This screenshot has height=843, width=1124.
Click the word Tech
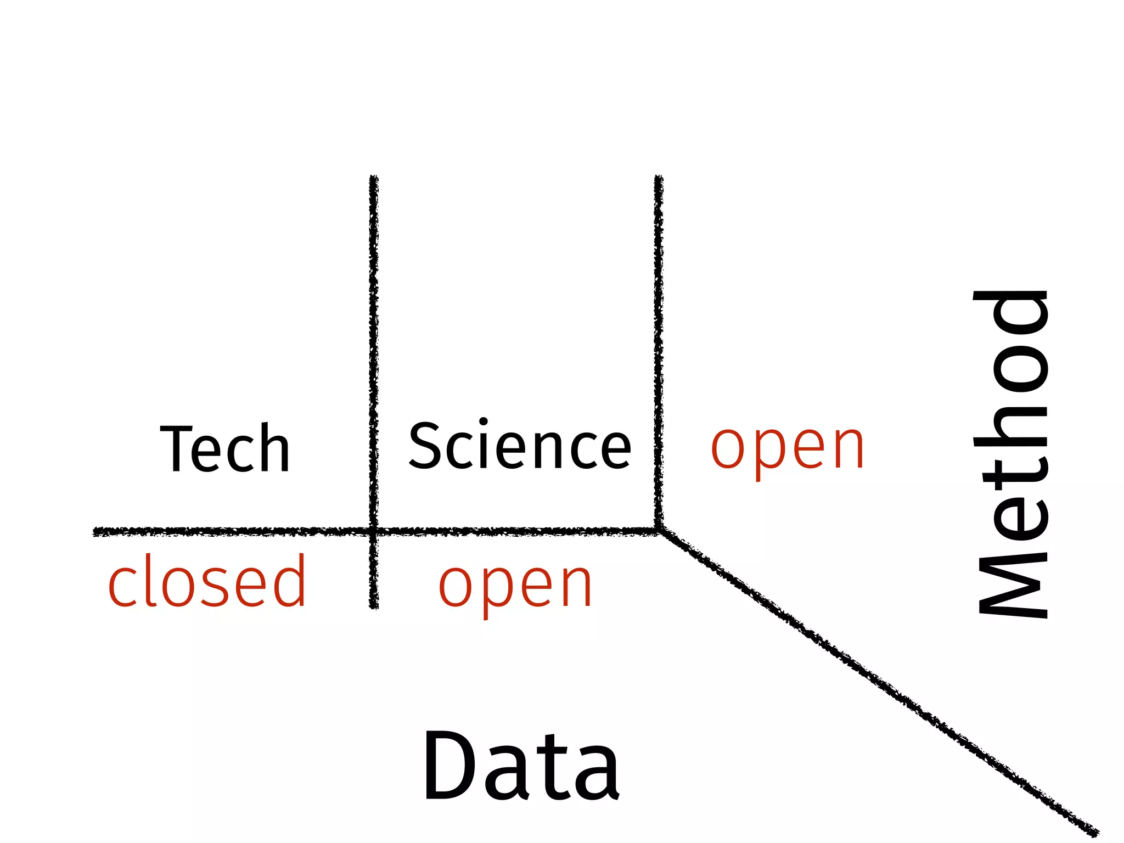(x=225, y=448)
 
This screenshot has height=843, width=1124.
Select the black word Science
(x=520, y=446)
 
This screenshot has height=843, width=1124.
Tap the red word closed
(x=207, y=581)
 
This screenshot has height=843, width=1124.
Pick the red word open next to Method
(x=788, y=448)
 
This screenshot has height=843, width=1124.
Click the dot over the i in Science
(x=483, y=421)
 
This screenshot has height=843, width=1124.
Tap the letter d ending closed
(x=289, y=580)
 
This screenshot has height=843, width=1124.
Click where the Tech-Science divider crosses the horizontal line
(x=374, y=531)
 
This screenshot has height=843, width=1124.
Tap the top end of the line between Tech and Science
(x=374, y=178)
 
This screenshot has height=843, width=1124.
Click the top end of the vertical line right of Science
(x=659, y=178)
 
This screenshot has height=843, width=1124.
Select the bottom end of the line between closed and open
(x=374, y=606)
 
